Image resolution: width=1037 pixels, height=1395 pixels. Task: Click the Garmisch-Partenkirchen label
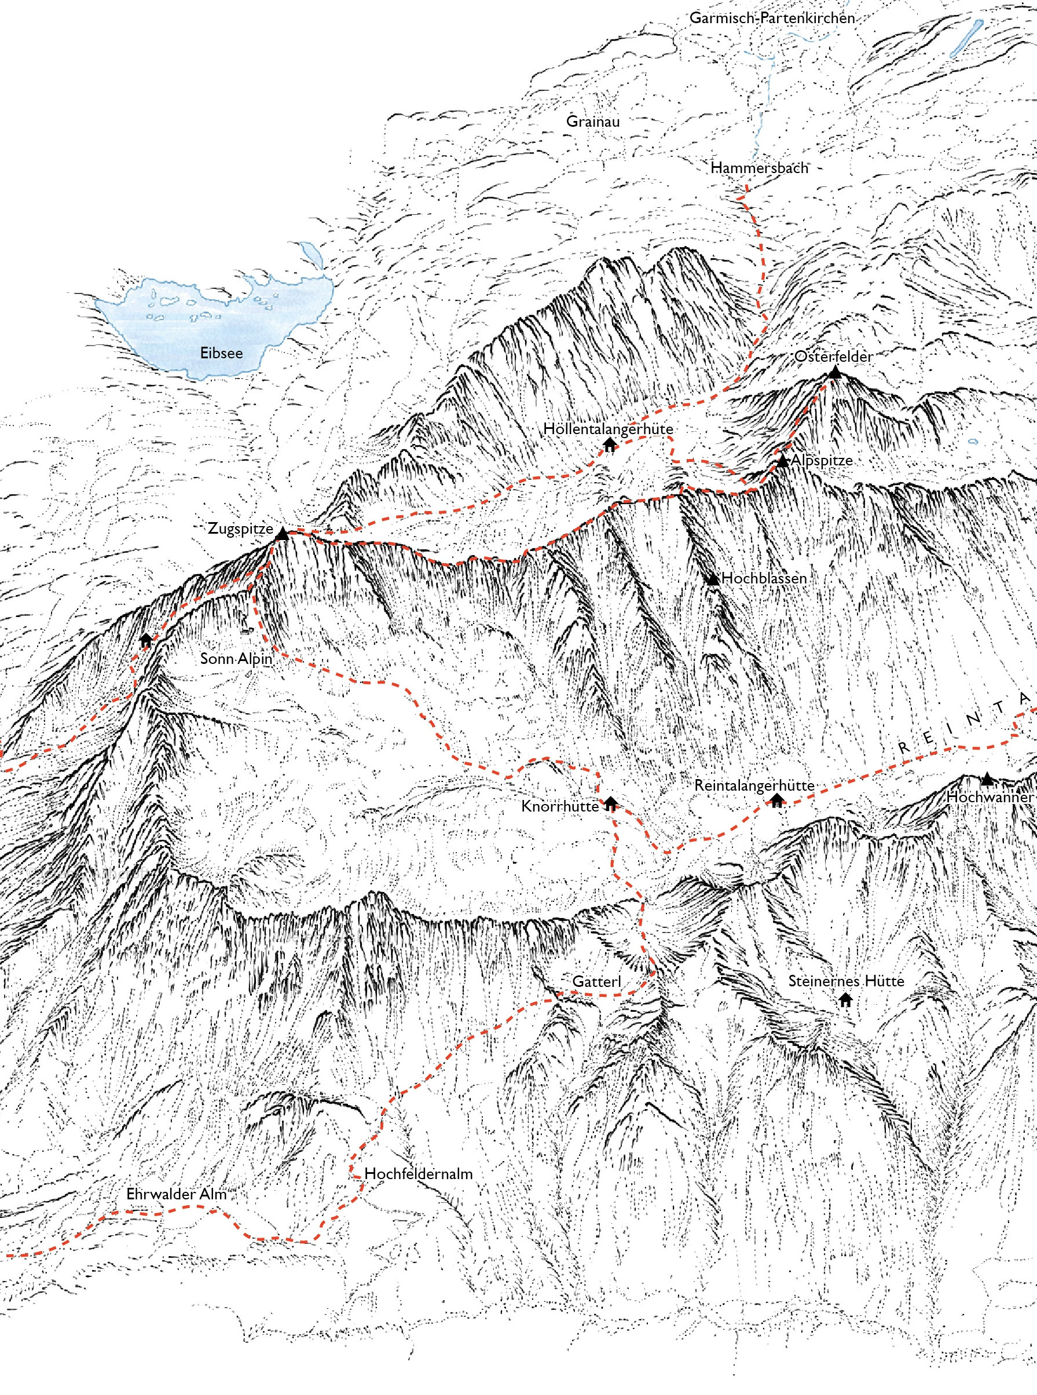(x=772, y=17)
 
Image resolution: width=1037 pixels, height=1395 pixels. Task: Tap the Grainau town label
(x=592, y=121)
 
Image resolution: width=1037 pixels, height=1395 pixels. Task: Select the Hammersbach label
(x=759, y=167)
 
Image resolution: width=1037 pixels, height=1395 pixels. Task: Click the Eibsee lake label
(x=221, y=353)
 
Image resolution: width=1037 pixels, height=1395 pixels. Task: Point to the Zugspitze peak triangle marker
(x=283, y=534)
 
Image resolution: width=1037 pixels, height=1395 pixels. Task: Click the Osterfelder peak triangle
(x=834, y=373)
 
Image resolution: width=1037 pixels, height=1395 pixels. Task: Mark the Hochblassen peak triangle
(x=712, y=579)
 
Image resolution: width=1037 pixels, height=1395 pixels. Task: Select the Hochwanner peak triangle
(x=987, y=779)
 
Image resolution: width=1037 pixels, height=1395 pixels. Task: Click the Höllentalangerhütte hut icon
(x=609, y=445)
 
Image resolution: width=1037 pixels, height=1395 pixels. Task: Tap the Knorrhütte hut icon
(x=610, y=803)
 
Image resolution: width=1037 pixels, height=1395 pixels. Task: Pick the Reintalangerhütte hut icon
(x=777, y=799)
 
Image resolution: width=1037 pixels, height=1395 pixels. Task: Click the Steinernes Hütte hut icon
(x=845, y=999)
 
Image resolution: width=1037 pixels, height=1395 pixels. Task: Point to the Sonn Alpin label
(x=236, y=658)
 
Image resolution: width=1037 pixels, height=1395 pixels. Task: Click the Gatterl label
(x=596, y=981)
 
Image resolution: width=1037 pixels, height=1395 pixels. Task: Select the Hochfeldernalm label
(x=418, y=1173)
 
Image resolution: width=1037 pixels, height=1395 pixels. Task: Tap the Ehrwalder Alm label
(x=177, y=1194)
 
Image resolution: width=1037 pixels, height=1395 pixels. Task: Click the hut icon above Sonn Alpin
(x=146, y=641)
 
